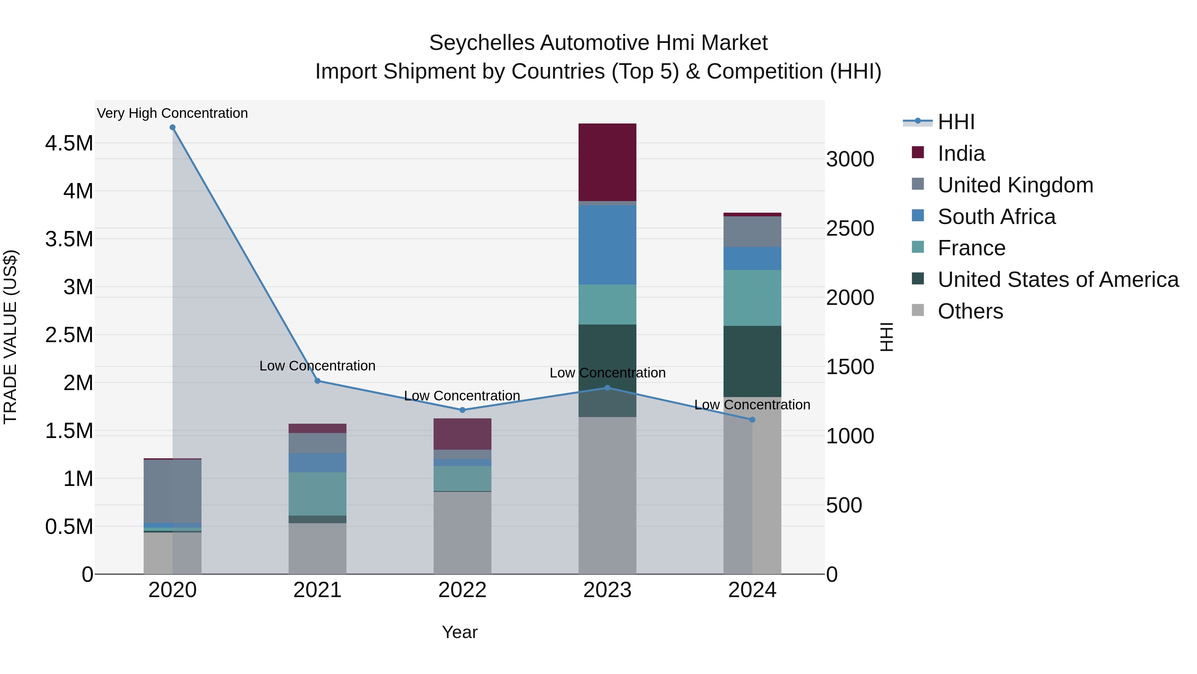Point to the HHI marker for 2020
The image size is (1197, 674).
click(172, 127)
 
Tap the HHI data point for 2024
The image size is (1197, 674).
click(752, 420)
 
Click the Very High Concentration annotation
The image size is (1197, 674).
click(172, 113)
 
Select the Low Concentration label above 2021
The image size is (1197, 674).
click(318, 366)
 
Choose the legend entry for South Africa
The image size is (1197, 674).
click(996, 217)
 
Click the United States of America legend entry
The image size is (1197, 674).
click(1058, 280)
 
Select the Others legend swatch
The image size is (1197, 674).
click(918, 310)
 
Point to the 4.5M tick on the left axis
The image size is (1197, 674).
click(69, 143)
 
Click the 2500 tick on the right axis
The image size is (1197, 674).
click(850, 228)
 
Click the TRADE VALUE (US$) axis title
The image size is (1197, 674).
click(10, 337)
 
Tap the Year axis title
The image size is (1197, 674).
click(460, 632)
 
